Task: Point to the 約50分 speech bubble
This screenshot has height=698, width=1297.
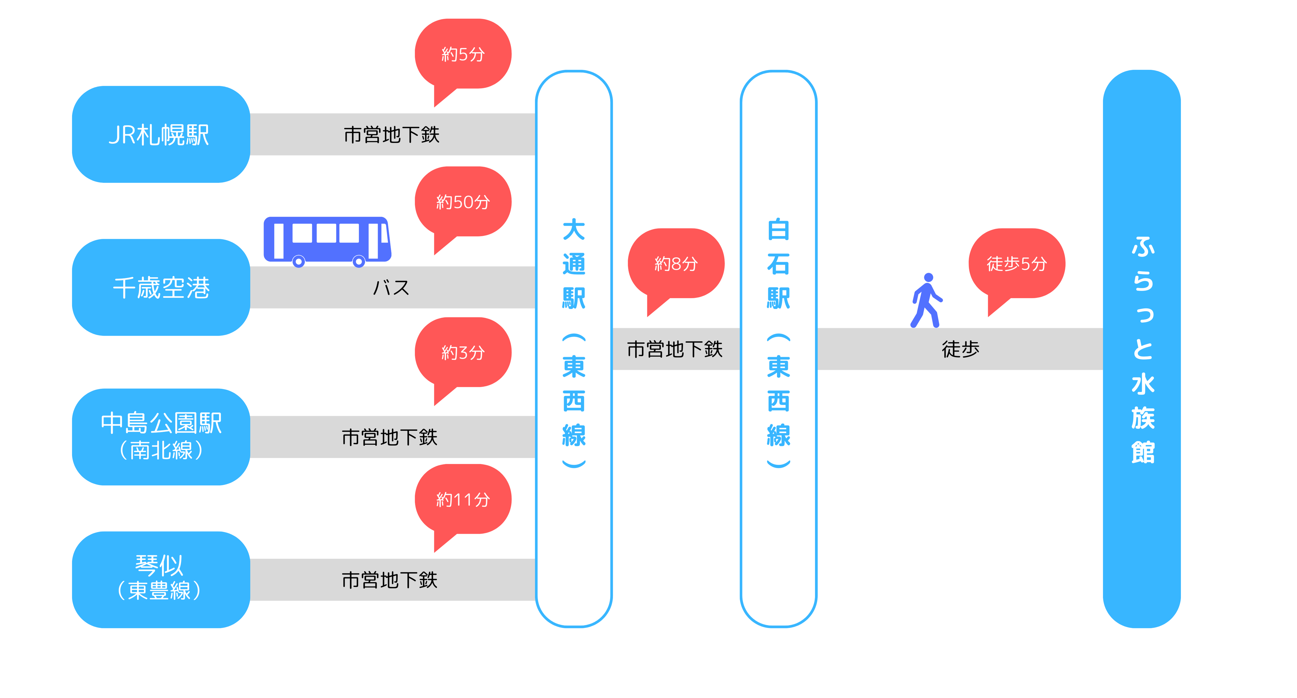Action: (463, 202)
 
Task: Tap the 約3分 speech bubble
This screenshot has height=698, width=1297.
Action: (463, 352)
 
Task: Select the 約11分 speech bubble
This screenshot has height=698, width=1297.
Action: (463, 499)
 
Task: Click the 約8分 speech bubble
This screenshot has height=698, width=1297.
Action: (676, 263)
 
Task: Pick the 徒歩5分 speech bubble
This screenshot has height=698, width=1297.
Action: (1017, 263)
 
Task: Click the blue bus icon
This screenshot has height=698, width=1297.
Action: (327, 241)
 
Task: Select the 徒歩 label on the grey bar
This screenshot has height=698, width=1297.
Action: (960, 349)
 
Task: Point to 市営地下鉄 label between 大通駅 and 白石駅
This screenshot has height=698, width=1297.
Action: (675, 349)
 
